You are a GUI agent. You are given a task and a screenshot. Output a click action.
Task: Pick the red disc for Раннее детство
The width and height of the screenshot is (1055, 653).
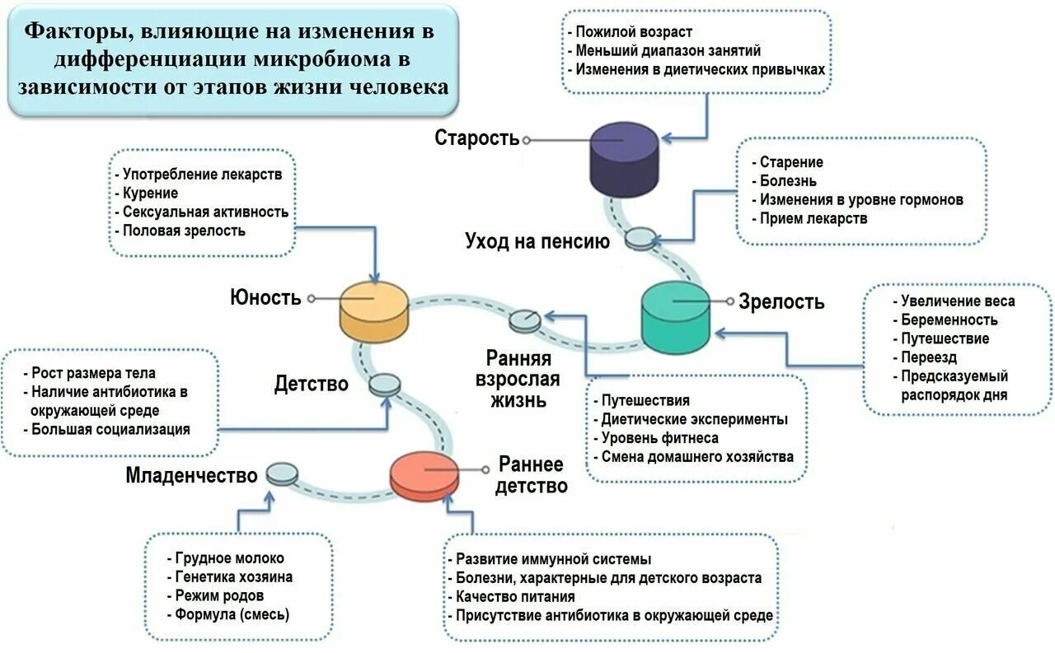tap(424, 475)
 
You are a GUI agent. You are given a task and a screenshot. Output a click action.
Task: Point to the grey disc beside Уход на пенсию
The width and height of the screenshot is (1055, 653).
tap(640, 240)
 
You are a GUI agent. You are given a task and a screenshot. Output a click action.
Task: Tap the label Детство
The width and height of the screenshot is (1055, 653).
tap(311, 384)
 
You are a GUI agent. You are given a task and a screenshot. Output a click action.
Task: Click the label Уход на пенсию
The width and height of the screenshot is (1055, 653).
tap(537, 241)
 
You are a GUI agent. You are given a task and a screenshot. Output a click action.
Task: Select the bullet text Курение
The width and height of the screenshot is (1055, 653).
tap(150, 194)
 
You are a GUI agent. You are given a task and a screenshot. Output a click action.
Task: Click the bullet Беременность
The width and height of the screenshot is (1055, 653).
tap(949, 320)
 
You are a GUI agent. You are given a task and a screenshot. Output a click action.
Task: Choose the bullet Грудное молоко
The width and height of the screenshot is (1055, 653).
tap(228, 557)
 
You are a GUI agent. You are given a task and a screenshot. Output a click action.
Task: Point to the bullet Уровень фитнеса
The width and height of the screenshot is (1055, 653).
tap(659, 438)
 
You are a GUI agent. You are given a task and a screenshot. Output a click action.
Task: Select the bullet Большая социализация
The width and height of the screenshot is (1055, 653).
tap(110, 429)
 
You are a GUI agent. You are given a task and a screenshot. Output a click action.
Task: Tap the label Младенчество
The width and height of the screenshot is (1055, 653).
tap(192, 475)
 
